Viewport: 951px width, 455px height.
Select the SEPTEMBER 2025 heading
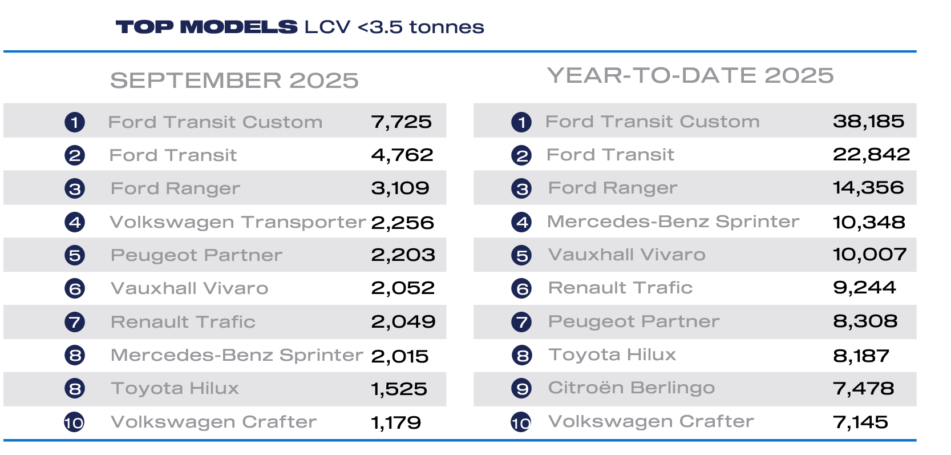(x=234, y=80)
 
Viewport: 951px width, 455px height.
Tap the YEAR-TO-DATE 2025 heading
(x=690, y=75)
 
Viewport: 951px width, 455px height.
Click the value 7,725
(x=401, y=122)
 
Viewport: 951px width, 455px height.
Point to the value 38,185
(x=868, y=121)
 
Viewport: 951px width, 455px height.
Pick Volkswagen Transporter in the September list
(x=237, y=222)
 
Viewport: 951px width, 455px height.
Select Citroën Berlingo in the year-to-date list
(x=631, y=388)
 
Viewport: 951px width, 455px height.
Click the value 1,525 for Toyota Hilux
(x=399, y=389)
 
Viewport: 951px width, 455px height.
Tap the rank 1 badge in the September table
(x=75, y=122)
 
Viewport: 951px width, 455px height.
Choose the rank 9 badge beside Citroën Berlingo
(x=521, y=389)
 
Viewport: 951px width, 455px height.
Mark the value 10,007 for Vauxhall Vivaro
(x=869, y=255)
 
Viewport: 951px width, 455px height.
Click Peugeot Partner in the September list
(x=196, y=255)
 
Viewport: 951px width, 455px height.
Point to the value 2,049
(x=403, y=322)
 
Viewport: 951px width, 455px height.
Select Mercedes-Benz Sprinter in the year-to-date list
(x=673, y=222)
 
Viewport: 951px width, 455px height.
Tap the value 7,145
(x=860, y=422)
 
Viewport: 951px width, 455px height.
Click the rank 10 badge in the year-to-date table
(x=521, y=422)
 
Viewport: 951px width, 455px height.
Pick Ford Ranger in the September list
(x=175, y=188)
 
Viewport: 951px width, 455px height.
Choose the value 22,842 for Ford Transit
(x=871, y=154)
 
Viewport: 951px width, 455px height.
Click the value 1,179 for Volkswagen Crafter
(x=396, y=422)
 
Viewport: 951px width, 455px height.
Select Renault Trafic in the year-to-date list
(x=620, y=288)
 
